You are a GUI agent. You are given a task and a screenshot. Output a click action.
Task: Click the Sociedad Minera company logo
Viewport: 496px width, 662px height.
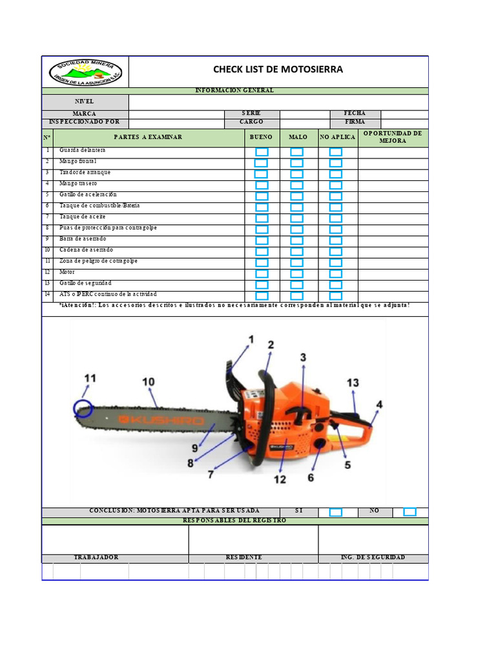coord(85,72)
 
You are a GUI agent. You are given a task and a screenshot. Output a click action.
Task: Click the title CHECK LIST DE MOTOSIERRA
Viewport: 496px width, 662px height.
coord(278,70)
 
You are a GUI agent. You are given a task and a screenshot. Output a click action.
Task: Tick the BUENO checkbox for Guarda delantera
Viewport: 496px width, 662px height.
coord(262,152)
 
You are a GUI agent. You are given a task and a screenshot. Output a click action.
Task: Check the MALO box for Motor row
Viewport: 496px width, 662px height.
coord(296,273)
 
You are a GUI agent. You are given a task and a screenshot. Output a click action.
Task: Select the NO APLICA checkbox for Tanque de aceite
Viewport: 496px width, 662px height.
coord(336,219)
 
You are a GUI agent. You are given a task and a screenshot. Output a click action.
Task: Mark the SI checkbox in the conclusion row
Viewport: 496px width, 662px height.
coord(336,512)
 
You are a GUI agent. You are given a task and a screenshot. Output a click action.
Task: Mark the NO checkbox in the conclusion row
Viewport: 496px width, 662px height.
coord(410,512)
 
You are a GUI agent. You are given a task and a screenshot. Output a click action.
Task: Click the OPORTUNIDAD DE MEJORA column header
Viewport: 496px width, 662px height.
coord(393,137)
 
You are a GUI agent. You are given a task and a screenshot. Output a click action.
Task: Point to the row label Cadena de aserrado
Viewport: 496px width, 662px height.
coord(86,250)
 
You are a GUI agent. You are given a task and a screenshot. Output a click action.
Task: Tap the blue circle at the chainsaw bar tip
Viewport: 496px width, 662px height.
coord(83,409)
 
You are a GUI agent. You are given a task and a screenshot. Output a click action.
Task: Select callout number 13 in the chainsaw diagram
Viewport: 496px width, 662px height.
coord(353,383)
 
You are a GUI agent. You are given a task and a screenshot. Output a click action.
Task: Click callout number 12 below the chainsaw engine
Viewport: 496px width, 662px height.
coord(279,479)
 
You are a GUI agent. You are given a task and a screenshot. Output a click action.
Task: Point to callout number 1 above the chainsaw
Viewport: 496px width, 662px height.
coord(251,339)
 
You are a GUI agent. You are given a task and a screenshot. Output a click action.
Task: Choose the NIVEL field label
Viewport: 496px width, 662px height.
coord(85,101)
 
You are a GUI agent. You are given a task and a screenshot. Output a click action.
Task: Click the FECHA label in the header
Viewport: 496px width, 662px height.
coord(355,114)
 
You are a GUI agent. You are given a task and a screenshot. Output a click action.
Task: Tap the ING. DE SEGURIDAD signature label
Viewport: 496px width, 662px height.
coord(373,557)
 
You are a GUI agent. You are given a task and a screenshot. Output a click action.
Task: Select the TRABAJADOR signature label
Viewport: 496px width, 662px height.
coord(96,557)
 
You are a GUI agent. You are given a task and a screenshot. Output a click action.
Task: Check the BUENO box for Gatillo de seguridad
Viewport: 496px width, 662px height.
coord(262,284)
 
